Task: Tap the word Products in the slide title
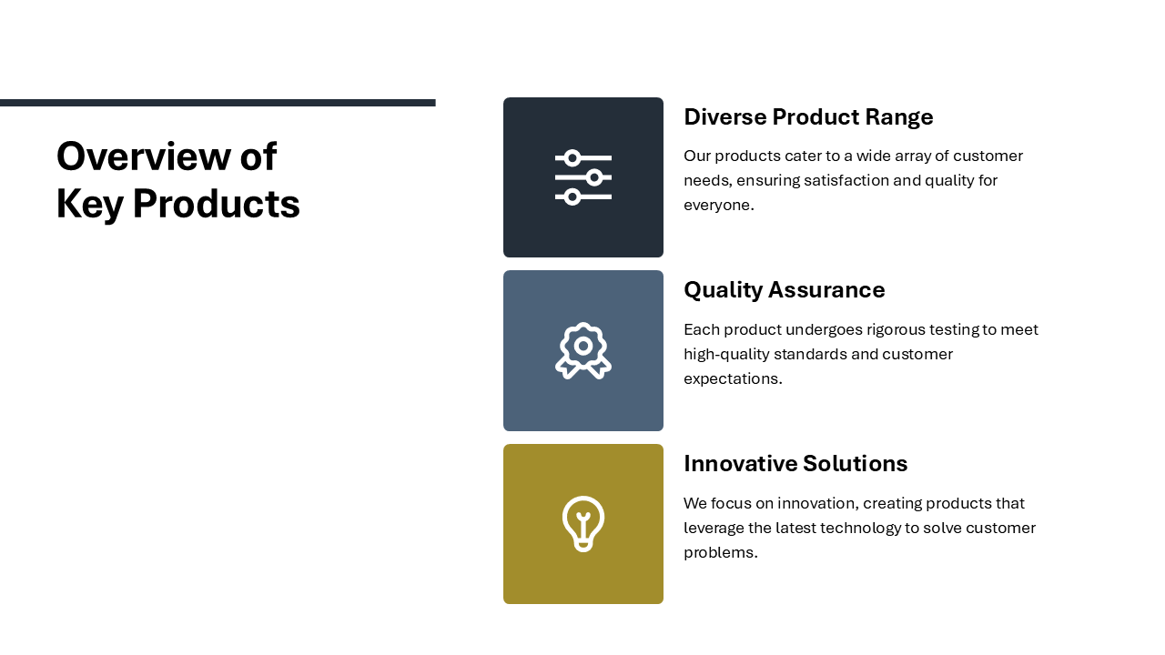217,204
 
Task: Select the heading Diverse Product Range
808,117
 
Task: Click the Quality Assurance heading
785,290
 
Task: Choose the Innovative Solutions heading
795,463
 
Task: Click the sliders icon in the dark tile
583,177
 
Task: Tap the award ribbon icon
583,350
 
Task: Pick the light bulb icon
583,524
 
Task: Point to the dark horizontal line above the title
218,103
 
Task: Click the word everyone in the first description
719,205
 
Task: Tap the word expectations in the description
733,378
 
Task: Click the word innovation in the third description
817,503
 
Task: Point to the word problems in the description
720,552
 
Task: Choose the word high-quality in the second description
726,354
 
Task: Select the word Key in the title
89,205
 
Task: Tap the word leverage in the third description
714,529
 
